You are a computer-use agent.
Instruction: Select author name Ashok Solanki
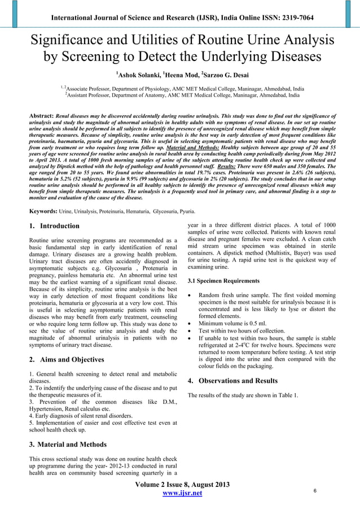137,75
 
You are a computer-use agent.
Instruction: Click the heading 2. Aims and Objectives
66,359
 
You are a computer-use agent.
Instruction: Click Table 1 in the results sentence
287,395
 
